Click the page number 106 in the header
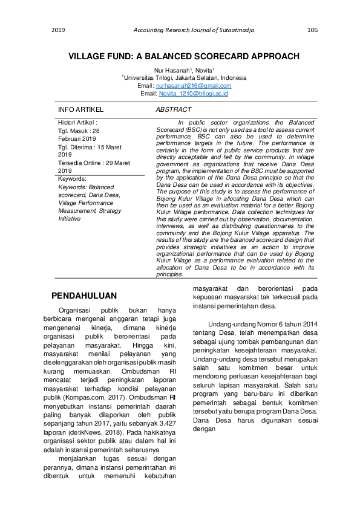click(x=312, y=30)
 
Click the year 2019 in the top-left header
click(x=58, y=30)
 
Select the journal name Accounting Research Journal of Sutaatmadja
click(x=185, y=30)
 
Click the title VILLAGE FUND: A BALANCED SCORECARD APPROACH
click(x=184, y=56)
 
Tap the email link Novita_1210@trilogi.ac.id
click(x=193, y=94)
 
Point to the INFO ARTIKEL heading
click(x=80, y=109)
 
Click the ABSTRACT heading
click(x=174, y=109)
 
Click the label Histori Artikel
click(x=77, y=123)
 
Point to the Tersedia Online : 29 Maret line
click(x=94, y=163)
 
